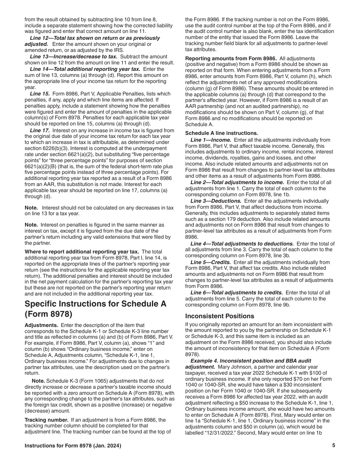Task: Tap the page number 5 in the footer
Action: tap(333, 446)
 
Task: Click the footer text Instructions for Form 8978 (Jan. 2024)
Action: tap(73, 446)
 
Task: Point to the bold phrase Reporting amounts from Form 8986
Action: tap(231, 58)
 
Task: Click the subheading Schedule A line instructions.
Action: tap(221, 133)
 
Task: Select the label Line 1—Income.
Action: tap(210, 139)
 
